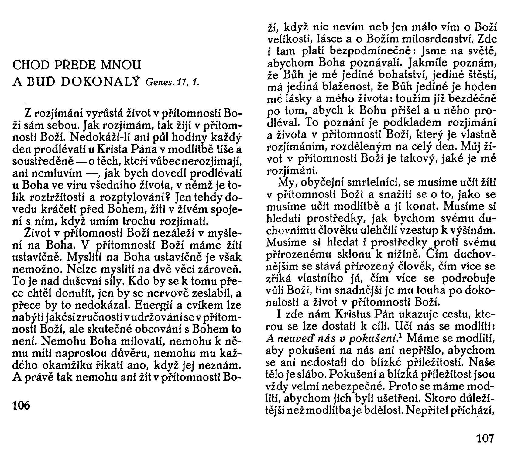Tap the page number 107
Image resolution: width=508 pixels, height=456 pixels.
tap(485, 439)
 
